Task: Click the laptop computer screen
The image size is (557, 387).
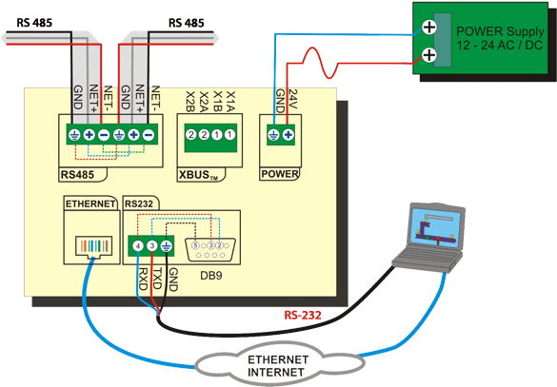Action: tap(437, 229)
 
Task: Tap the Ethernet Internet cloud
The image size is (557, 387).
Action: tap(280, 365)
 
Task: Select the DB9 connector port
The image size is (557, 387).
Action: tap(210, 250)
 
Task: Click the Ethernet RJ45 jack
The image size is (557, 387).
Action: tap(93, 246)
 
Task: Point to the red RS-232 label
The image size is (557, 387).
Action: tap(303, 315)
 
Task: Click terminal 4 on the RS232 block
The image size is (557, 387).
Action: tap(138, 246)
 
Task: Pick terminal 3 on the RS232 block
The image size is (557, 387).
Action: tap(152, 246)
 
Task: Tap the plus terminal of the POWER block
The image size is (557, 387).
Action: tap(288, 135)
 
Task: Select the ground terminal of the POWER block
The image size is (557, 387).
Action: tap(273, 135)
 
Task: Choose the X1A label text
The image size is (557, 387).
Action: tap(231, 102)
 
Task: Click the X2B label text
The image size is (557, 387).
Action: tap(190, 102)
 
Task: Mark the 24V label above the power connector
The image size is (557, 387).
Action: tap(293, 99)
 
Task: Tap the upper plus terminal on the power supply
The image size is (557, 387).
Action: tap(429, 27)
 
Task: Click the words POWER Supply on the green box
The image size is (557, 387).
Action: tap(500, 31)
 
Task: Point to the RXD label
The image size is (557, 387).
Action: tap(143, 280)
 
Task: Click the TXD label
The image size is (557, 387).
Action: tap(157, 280)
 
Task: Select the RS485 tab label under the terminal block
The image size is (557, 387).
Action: tap(77, 175)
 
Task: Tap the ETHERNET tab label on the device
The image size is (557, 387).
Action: tap(90, 204)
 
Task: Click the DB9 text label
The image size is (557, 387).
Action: tap(211, 276)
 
